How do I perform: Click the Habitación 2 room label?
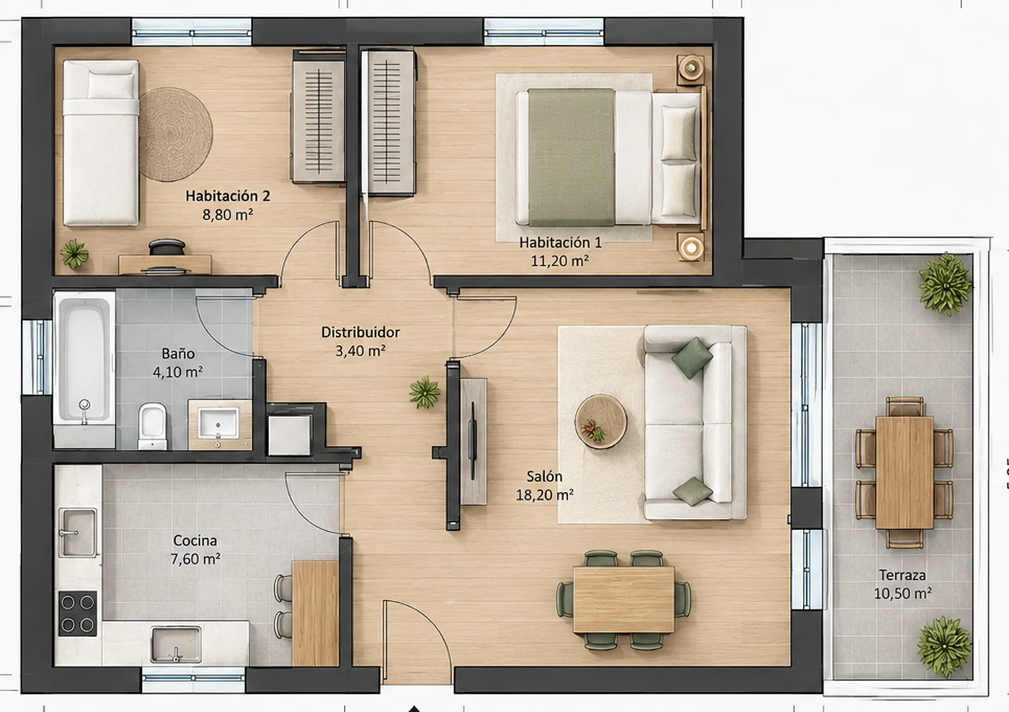228,196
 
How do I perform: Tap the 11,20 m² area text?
560,260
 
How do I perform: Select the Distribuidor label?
360,333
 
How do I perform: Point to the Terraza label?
902,576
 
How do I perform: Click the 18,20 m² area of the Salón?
545,495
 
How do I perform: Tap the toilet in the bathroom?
152,426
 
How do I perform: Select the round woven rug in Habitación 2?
176,134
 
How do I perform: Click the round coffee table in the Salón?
600,421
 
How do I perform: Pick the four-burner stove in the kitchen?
78,613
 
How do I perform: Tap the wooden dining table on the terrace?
904,472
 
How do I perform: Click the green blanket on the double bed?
572,157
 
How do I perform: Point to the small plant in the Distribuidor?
425,392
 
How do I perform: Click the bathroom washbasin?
219,424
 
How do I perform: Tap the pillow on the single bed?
111,85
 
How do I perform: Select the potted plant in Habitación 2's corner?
74,254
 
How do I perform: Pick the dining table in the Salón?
624,599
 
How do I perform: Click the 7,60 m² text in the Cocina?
195,559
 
